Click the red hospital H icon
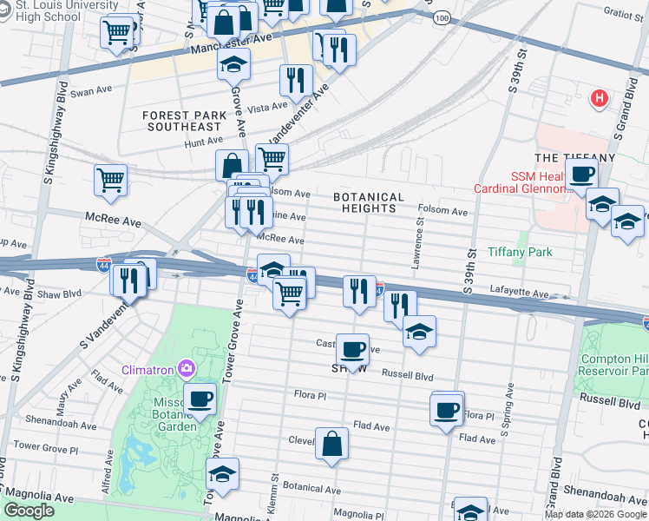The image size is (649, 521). coord(598,99)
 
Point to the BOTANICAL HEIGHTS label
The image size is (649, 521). coord(369,203)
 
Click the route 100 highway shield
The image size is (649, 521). coord(442,17)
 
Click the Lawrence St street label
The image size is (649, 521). coord(418,242)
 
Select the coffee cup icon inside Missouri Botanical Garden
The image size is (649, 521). coord(200,399)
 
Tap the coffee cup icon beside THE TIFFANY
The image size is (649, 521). coord(580,173)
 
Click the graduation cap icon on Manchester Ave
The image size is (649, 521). coord(233,64)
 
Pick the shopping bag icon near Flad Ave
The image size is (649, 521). coord(332,443)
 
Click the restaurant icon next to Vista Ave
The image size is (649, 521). coord(297,80)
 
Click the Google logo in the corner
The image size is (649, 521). coord(29,511)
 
